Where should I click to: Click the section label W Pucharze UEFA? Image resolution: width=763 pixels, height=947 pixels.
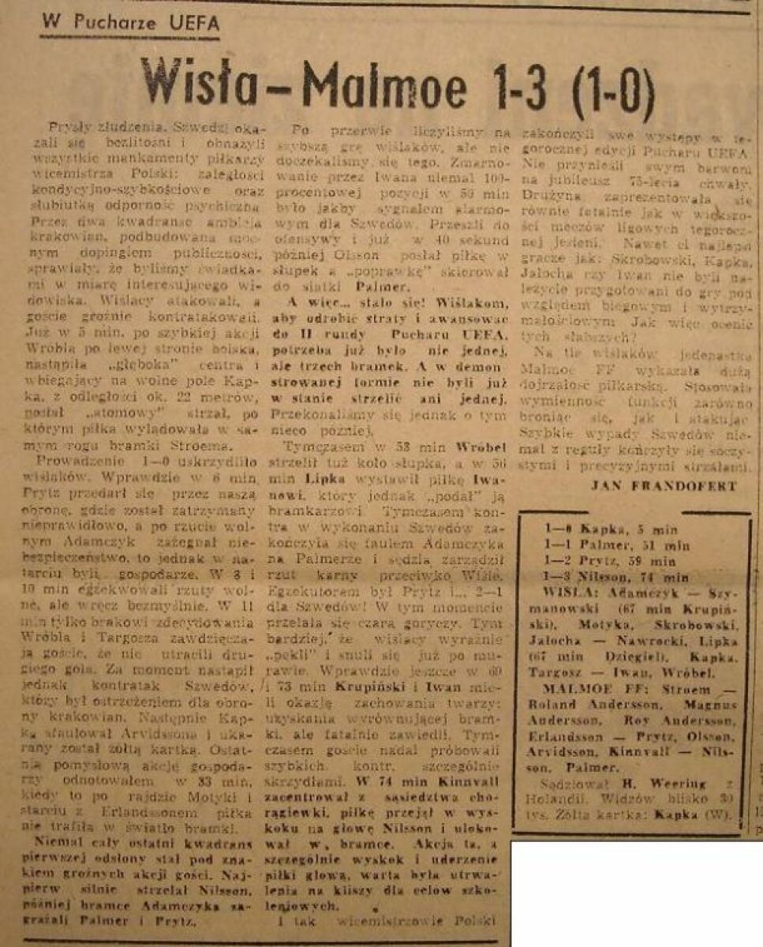[x=130, y=23]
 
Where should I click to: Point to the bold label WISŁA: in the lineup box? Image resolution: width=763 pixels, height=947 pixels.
[x=572, y=592]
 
